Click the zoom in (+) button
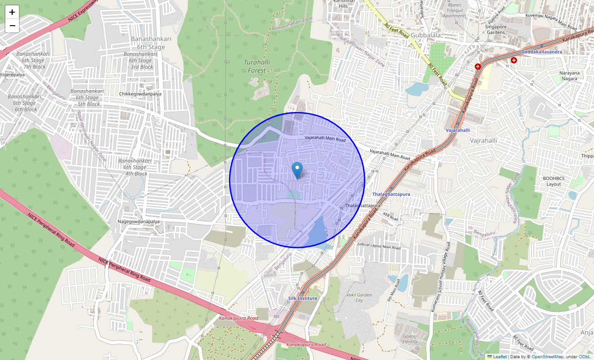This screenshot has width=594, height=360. pyautogui.click(x=12, y=12)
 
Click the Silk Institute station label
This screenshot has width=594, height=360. pyautogui.click(x=303, y=298)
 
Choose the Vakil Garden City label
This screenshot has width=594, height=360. pyautogui.click(x=359, y=297)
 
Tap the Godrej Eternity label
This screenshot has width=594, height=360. pyautogui.click(x=410, y=338)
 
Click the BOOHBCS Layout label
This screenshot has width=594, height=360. pyautogui.click(x=553, y=181)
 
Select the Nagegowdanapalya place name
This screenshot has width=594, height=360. pyautogui.click(x=139, y=221)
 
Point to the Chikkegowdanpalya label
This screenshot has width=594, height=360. pyautogui.click(x=140, y=94)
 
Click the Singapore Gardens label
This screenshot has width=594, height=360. pyautogui.click(x=496, y=29)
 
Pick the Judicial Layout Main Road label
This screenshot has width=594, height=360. pyautogui.click(x=378, y=246)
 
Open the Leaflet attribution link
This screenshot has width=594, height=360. pyautogui.click(x=499, y=357)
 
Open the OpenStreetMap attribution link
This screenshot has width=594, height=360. pyautogui.click(x=547, y=357)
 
